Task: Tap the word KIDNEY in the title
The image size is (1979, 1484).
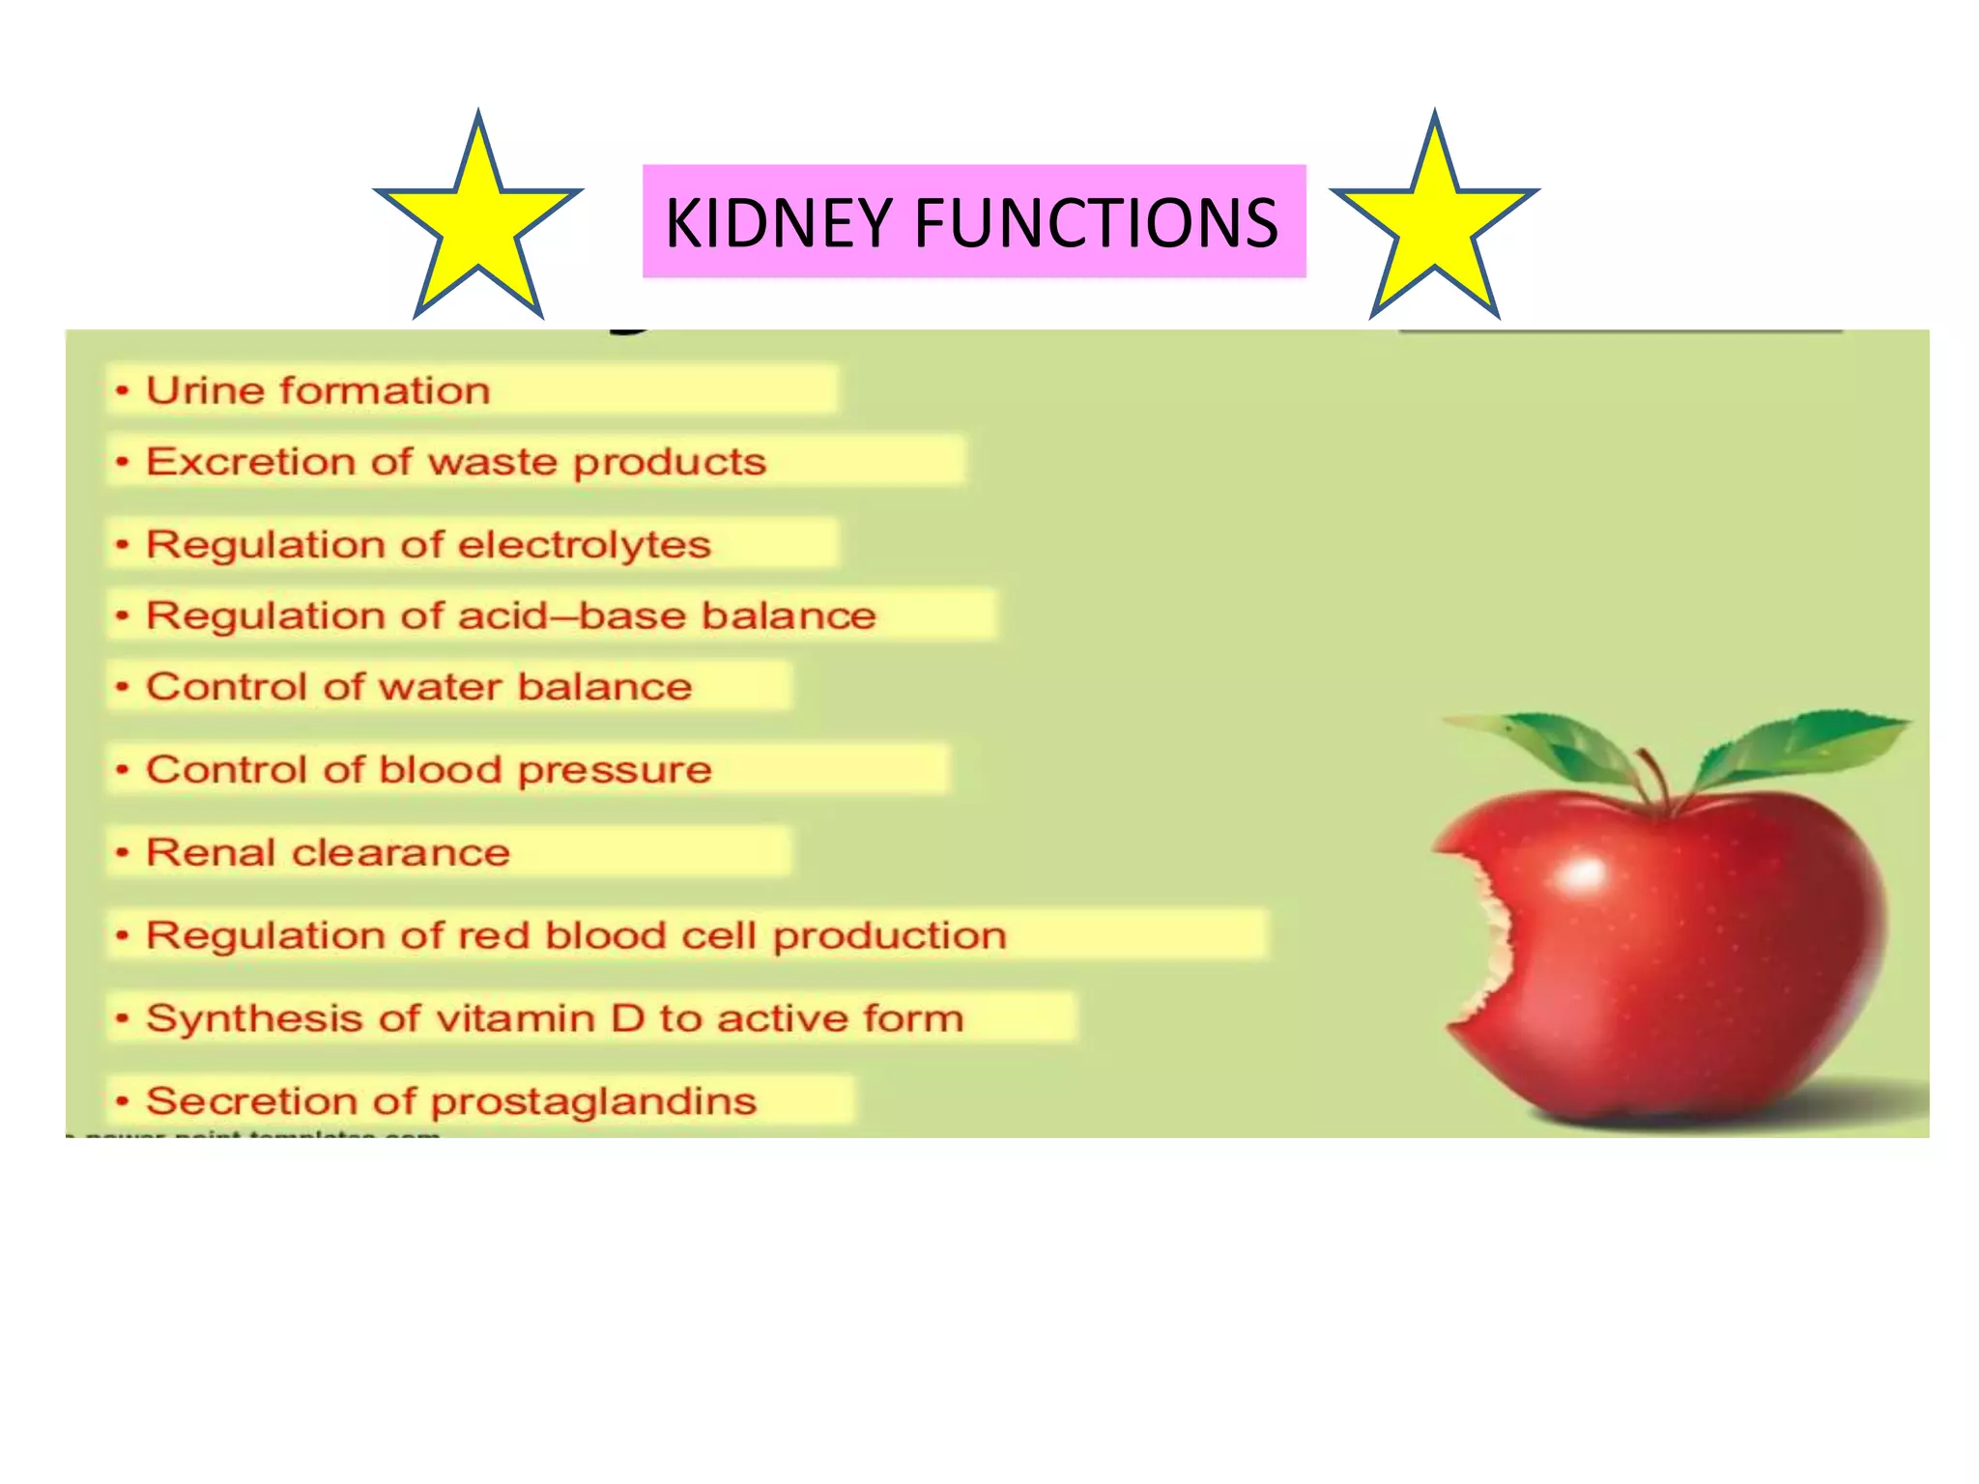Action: [x=778, y=223]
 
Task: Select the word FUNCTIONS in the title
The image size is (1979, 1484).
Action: [x=1096, y=223]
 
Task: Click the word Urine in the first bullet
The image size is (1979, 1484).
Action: [x=204, y=390]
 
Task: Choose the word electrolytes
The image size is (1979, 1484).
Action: [x=585, y=545]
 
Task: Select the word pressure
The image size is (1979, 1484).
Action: [x=615, y=770]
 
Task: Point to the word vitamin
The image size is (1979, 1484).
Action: [x=514, y=1018]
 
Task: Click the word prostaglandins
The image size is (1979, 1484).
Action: [x=593, y=1101]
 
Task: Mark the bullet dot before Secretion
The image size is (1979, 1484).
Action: [x=122, y=1101]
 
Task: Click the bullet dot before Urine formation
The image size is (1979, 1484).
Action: [x=122, y=391]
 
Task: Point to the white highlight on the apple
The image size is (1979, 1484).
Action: [x=1582, y=874]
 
